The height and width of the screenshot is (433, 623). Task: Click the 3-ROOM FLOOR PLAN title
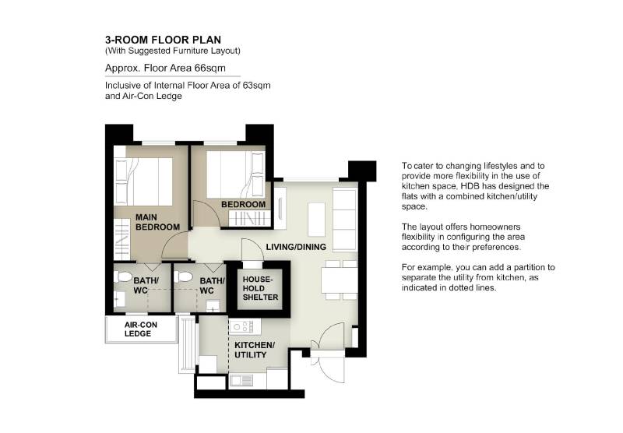click(163, 40)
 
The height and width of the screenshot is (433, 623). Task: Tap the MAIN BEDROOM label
click(157, 222)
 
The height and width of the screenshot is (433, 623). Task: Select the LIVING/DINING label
click(296, 247)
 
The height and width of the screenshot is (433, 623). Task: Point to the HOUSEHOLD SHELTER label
click(260, 288)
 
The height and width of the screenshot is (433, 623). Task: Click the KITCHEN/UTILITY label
click(255, 350)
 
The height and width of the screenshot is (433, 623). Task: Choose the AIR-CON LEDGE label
click(141, 329)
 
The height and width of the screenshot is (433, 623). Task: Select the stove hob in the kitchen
click(244, 326)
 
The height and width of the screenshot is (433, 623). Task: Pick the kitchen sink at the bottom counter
click(241, 380)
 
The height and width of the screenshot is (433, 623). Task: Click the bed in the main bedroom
click(143, 181)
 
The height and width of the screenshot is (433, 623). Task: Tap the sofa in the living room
click(344, 220)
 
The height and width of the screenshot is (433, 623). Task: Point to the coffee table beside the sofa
click(316, 220)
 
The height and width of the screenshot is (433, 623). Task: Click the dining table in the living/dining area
click(339, 280)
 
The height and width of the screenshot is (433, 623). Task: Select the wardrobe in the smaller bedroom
click(249, 219)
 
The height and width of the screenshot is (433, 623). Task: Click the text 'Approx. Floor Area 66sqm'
click(165, 68)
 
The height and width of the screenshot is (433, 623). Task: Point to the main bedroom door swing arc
click(174, 245)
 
